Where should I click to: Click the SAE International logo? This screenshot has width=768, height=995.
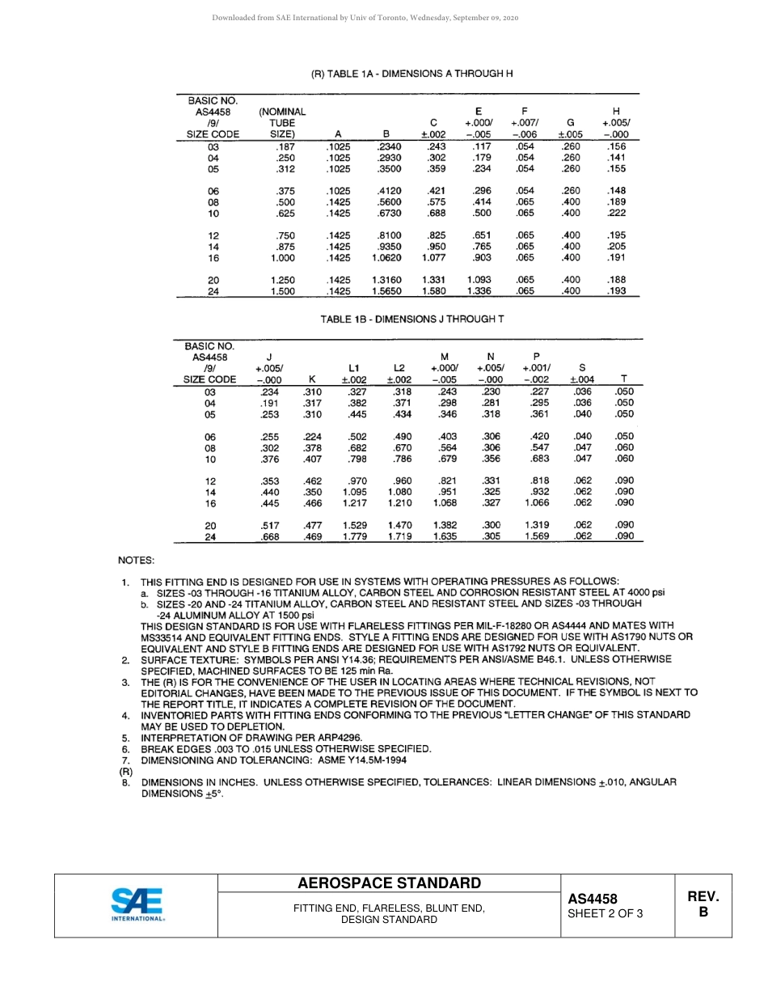pos(137,905)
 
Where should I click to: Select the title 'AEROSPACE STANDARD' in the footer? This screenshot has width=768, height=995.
pos(389,883)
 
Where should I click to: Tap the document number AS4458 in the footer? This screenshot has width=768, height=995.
pos(592,899)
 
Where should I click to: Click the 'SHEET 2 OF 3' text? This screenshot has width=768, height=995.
pos(606,914)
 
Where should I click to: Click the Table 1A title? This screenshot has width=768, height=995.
pos(412,74)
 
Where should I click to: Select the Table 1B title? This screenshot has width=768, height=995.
pos(412,319)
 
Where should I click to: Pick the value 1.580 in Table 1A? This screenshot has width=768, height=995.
pos(433,291)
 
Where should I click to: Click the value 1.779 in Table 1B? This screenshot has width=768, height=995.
pos(354,536)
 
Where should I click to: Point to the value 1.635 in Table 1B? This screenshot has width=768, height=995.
pos(445,536)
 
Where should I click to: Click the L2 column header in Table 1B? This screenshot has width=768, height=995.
pos(399,367)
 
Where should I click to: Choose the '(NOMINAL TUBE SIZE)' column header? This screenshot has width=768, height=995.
pos(281,123)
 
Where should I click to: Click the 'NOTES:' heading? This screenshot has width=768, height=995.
pos(136,560)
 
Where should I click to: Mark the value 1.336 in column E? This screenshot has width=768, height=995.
pos(479,291)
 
